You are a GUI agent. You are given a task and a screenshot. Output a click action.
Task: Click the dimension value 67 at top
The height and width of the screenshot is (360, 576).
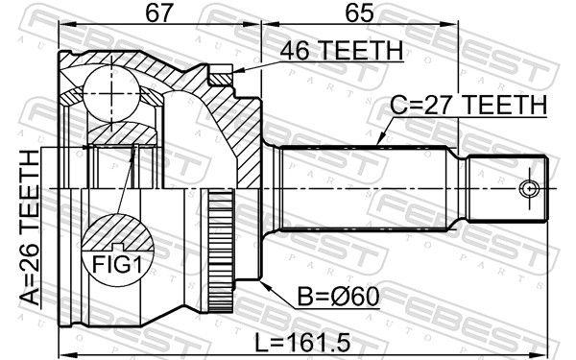point(159,13)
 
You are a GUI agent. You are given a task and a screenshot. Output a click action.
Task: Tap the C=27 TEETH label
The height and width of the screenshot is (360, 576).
point(468,103)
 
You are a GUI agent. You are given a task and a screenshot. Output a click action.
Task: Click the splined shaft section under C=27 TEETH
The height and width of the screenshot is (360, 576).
point(365,188)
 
